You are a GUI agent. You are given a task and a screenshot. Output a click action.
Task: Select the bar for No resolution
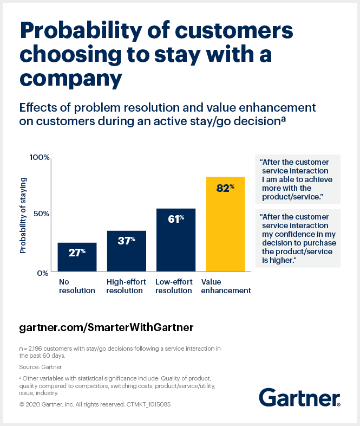coord(77,257)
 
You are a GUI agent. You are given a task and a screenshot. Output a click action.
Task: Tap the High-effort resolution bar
coord(126,251)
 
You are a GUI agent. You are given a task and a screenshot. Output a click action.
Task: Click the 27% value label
coord(77,252)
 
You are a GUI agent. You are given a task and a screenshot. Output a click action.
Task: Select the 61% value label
coord(176,219)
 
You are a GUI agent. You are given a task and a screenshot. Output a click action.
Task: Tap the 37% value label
coord(126,241)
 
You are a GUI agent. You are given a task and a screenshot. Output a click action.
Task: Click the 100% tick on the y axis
coord(39,157)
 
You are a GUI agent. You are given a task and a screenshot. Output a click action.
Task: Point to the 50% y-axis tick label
coord(41,214)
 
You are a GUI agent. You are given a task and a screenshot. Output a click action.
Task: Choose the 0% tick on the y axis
coord(43,273)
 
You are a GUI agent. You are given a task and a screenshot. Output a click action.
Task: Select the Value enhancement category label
coord(226,286)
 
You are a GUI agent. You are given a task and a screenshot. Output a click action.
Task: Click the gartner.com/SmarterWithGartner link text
coord(106,328)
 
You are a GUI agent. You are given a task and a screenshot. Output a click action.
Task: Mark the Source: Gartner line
coord(40,367)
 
